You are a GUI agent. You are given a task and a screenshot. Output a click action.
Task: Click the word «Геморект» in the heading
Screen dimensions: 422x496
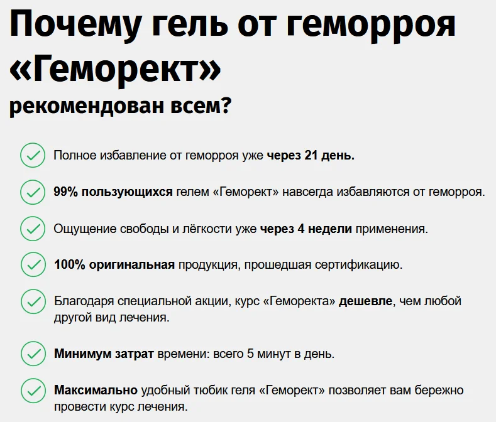tap(115, 70)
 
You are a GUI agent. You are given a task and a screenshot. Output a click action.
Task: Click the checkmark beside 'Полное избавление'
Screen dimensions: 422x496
tap(32, 155)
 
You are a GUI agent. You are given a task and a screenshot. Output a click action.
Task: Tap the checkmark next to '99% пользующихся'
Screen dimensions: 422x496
tap(32, 192)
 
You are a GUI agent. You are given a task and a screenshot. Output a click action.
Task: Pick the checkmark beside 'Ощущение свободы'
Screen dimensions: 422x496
tap(32, 229)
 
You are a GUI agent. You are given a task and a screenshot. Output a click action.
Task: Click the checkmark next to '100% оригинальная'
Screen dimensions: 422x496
tap(32, 264)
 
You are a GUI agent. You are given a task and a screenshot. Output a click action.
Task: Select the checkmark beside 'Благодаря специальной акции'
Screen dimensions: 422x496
tap(32, 301)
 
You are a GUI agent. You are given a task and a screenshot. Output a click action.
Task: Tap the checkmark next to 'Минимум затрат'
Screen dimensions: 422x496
tap(32, 354)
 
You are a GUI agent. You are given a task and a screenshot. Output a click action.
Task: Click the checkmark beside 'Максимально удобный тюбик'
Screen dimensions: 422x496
tap(32, 390)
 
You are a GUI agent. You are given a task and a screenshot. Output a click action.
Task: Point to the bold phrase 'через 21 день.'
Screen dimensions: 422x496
tap(311, 156)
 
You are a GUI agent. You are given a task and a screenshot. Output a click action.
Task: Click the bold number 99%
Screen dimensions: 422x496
tap(66, 192)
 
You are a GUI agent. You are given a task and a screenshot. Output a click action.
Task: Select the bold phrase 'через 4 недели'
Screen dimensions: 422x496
tap(306, 229)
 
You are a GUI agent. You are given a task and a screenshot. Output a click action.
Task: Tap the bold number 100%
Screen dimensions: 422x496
tap(69, 265)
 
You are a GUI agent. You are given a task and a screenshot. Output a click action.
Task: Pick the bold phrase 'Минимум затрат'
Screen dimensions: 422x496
tap(104, 354)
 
